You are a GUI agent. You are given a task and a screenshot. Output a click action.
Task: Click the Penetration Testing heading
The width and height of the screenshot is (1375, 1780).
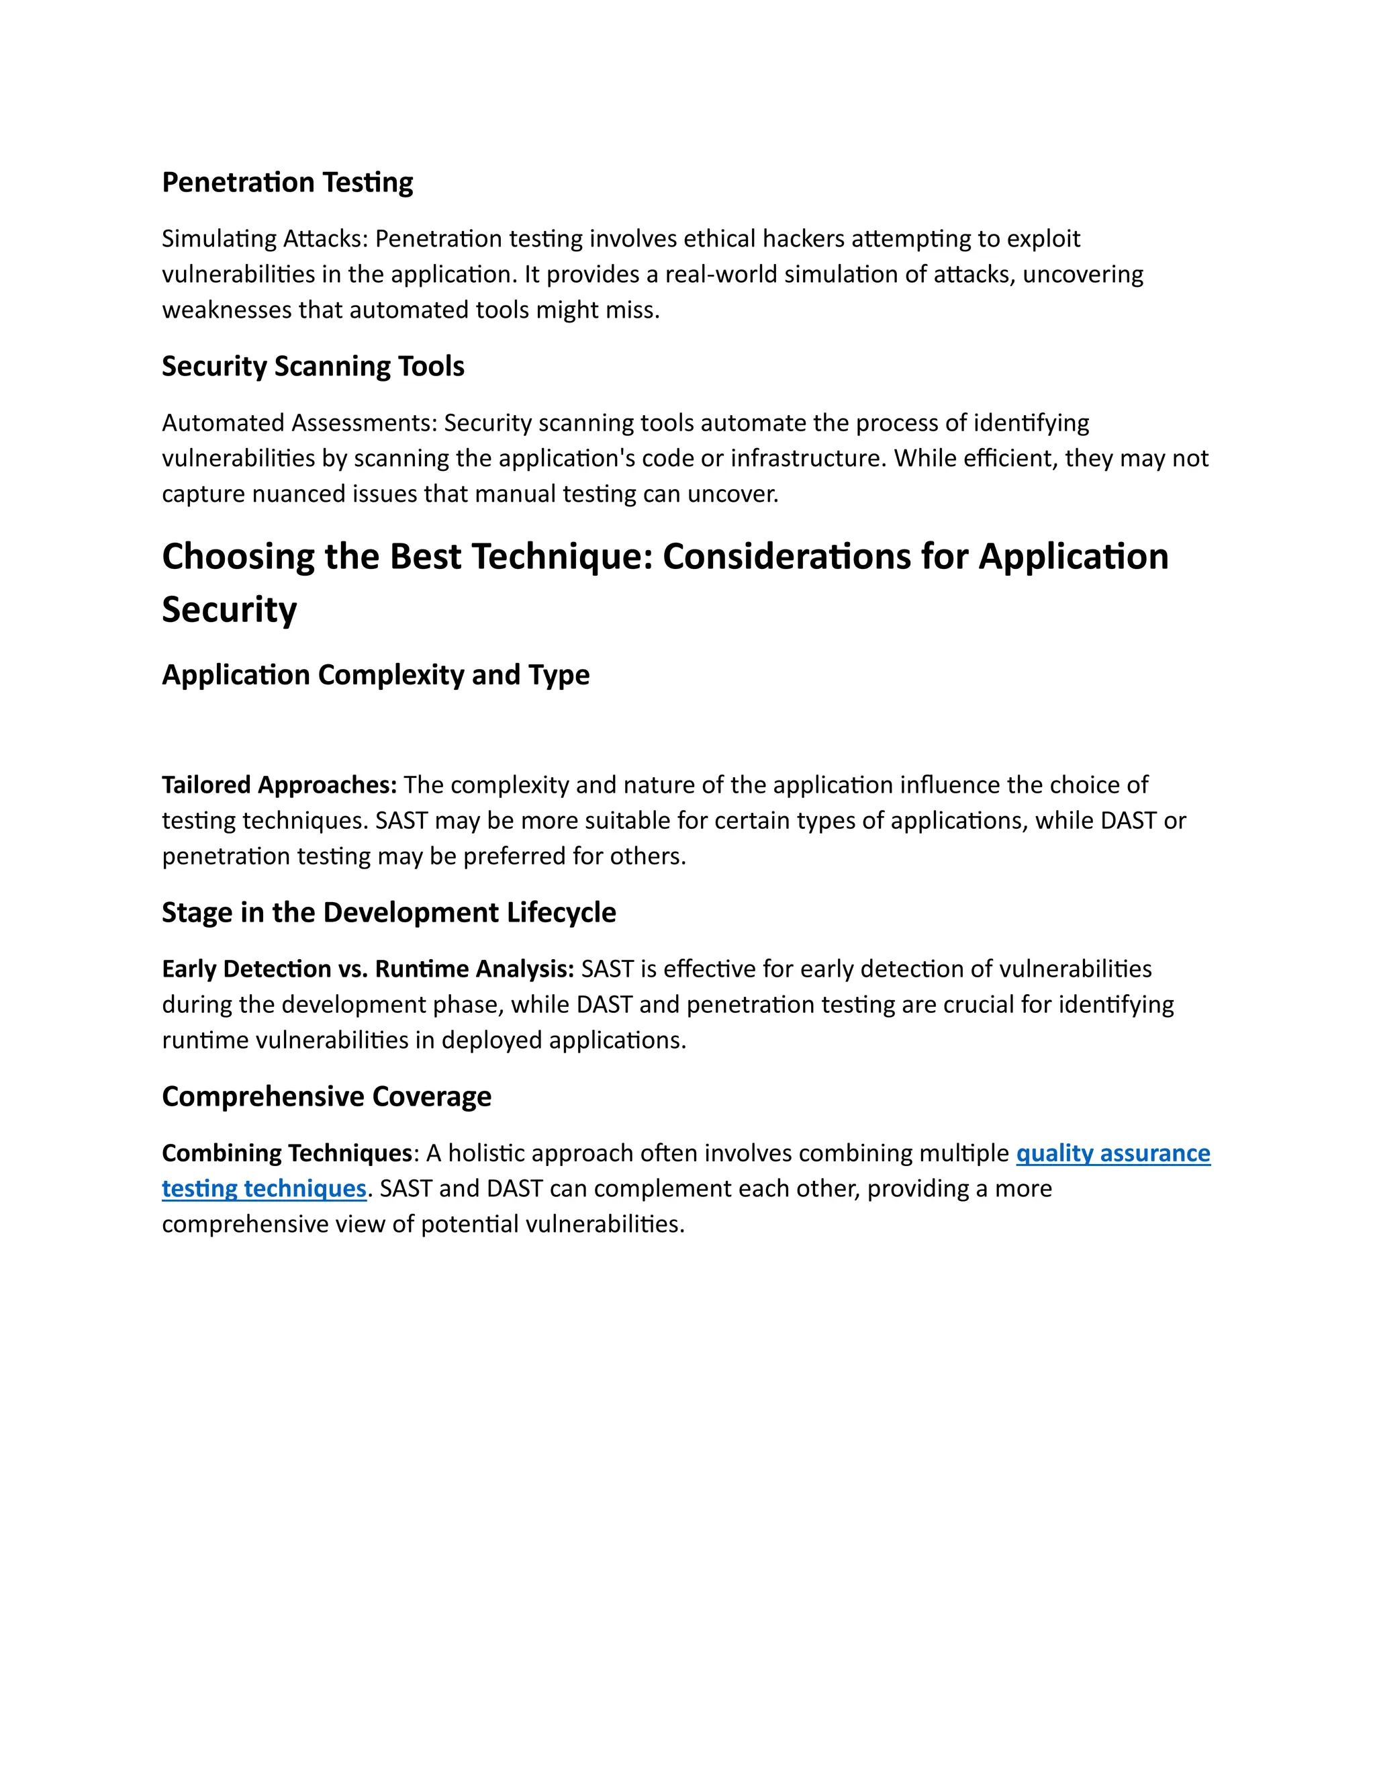pyautogui.click(x=287, y=183)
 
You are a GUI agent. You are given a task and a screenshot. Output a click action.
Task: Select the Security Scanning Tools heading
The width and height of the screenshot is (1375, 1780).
pyautogui.click(x=313, y=367)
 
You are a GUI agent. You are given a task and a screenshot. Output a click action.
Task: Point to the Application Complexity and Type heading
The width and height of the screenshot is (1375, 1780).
pyautogui.click(x=375, y=675)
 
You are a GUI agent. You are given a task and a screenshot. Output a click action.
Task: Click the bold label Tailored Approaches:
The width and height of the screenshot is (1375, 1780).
pyautogui.click(x=279, y=785)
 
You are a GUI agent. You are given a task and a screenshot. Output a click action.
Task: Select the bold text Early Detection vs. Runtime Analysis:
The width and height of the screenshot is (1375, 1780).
pyautogui.click(x=368, y=969)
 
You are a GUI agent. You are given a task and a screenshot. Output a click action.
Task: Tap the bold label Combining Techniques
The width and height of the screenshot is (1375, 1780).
pyautogui.click(x=287, y=1153)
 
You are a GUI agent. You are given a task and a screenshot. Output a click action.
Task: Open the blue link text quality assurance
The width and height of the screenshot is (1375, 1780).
pyautogui.click(x=1112, y=1153)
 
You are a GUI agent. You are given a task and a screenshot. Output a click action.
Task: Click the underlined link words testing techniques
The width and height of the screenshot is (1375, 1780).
pyautogui.click(x=264, y=1189)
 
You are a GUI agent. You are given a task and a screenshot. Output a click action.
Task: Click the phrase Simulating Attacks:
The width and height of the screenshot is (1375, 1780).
pyautogui.click(x=266, y=239)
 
